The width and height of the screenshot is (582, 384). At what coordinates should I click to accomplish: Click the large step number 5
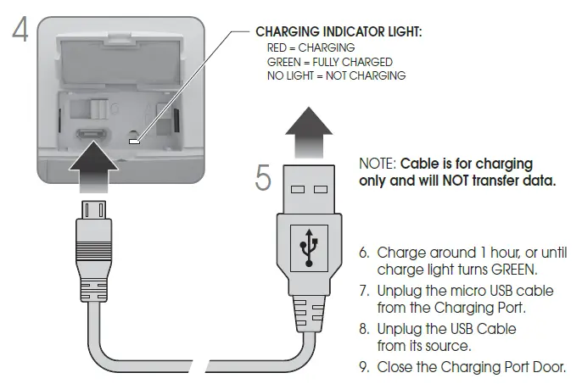(x=264, y=177)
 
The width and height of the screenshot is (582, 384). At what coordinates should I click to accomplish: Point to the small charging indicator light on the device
(x=133, y=139)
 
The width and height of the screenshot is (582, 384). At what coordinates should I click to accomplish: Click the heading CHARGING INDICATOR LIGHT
(x=339, y=31)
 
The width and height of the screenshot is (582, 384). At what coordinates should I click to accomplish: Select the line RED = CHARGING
(x=311, y=47)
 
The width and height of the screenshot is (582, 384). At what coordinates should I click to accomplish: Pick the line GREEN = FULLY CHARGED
(x=329, y=62)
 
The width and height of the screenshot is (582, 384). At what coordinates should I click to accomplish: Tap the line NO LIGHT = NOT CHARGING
(x=336, y=75)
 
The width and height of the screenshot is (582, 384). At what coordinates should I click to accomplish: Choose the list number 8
(x=365, y=328)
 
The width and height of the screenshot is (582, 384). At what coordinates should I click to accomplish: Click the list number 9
(x=365, y=367)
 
